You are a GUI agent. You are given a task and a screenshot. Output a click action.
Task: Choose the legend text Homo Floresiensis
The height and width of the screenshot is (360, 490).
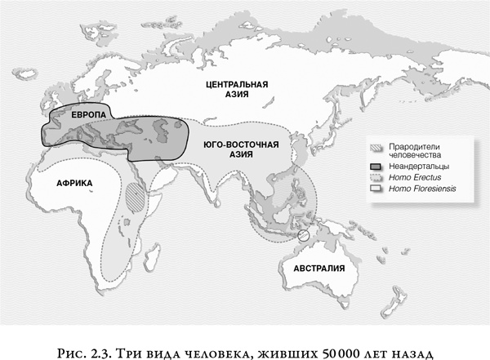coord(423,189)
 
